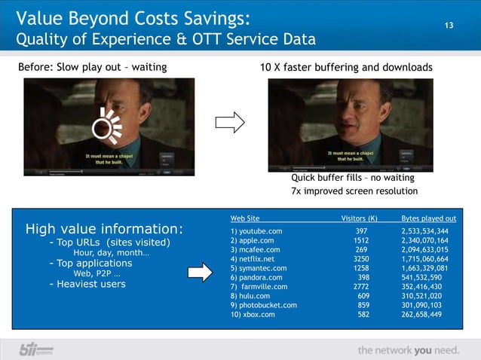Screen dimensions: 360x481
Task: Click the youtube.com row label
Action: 256,230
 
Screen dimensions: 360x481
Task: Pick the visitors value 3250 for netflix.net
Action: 361,258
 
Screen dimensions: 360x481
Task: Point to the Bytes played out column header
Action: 428,218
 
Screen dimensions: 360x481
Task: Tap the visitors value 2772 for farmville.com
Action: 361,287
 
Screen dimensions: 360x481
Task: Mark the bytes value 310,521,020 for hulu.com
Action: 426,296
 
